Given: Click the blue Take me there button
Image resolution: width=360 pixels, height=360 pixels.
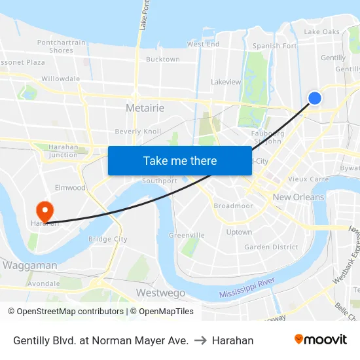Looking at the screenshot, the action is point(180,160).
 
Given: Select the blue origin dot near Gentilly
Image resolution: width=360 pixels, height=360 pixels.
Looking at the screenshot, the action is point(315,98).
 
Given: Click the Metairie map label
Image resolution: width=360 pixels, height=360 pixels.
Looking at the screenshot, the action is point(145,107).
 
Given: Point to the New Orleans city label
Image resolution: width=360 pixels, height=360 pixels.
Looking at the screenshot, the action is point(298,197).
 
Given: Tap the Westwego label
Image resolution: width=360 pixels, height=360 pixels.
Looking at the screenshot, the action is point(160,293).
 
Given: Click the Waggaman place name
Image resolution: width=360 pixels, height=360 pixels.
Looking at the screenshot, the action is point(30,266).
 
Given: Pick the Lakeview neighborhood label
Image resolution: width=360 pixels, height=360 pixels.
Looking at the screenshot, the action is point(226,82).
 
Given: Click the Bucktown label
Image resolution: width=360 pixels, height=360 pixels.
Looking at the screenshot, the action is point(163,60).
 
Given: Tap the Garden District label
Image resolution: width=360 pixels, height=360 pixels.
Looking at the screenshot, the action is point(271,247).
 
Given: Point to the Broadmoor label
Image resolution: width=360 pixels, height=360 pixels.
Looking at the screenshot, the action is point(233,206).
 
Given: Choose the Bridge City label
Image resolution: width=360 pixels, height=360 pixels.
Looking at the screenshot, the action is point(108,240).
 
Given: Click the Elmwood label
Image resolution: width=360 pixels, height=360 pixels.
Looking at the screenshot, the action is point(70,188).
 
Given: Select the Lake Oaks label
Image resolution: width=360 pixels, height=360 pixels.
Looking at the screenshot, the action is point(322,31).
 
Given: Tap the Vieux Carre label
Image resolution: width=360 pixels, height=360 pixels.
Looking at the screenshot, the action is point(308,179).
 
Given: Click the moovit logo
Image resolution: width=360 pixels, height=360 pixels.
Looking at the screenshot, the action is point(321,339).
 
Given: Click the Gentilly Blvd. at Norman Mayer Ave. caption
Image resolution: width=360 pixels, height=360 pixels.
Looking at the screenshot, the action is point(101,340).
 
